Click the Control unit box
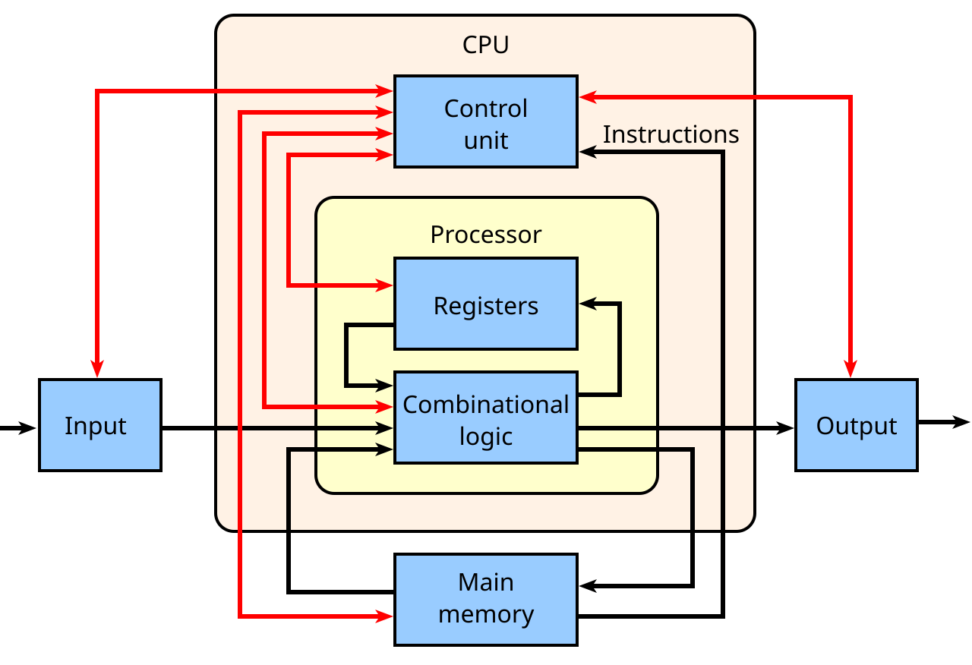tap(485, 121)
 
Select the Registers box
tap(485, 304)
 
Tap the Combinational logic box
tap(485, 418)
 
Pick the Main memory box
tap(485, 599)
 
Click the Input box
tap(99, 425)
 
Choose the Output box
tap(856, 425)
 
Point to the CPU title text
tap(485, 46)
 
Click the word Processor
tap(485, 235)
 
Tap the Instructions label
tap(671, 134)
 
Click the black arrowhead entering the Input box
tap(29, 428)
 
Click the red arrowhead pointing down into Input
tap(97, 368)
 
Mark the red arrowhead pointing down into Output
tap(850, 368)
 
